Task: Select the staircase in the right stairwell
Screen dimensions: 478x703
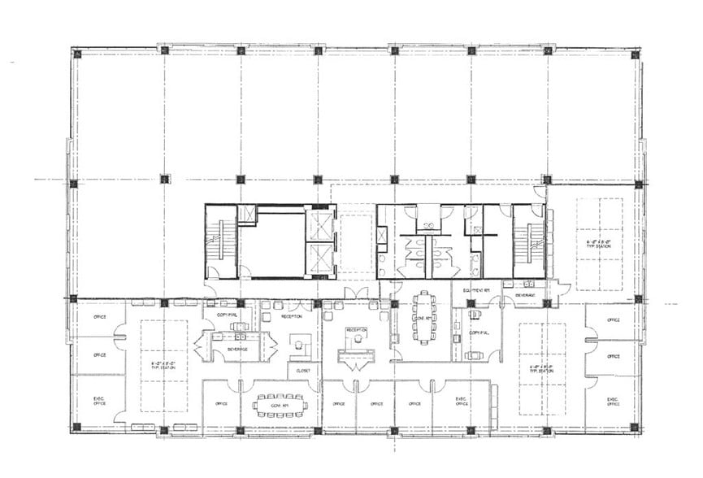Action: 528,241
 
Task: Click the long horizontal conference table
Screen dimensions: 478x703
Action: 278,402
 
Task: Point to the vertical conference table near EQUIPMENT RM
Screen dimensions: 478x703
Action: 423,317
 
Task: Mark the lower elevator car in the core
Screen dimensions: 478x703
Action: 321,259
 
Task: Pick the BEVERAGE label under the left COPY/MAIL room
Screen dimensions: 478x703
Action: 238,347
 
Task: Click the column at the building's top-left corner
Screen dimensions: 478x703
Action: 76,54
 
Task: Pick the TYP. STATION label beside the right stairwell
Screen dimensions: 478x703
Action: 599,243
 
